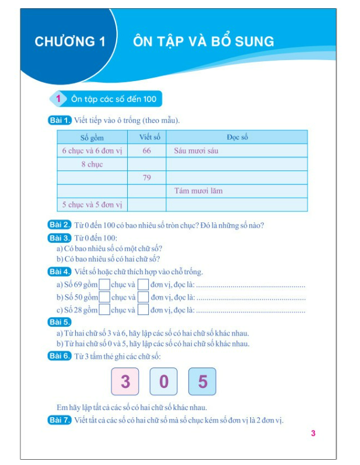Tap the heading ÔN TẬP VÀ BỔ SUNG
203,41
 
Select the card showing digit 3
125,382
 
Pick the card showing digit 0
164,382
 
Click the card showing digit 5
202,382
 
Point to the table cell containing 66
146,151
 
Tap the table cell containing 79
146,177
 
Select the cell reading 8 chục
92,165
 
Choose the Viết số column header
146,138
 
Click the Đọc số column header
237,138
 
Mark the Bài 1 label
60,121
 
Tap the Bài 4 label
60,272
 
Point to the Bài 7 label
60,420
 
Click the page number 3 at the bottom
313,433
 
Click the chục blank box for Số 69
104,285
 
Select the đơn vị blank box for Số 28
143,310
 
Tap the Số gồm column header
92,138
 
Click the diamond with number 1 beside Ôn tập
58,99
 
